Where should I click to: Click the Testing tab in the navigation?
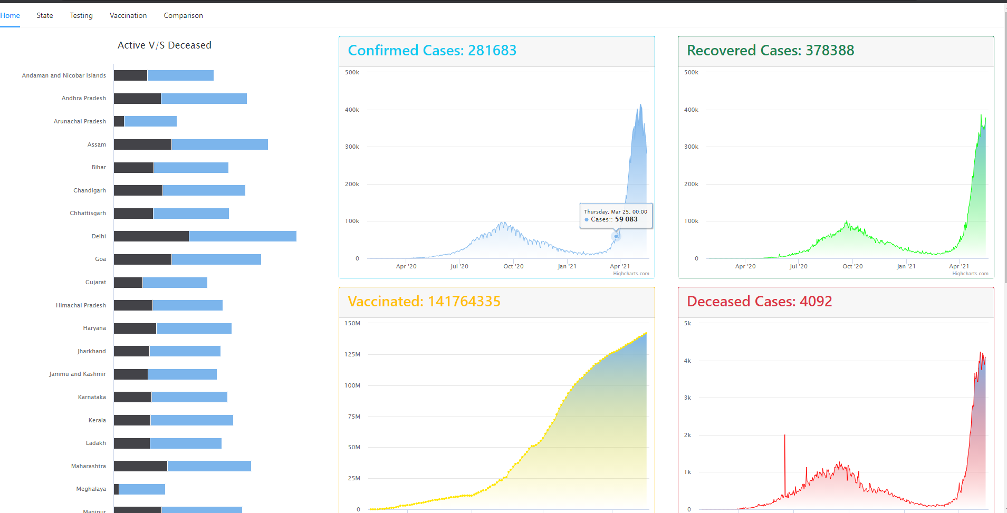[x=81, y=15]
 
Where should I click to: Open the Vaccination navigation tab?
[x=128, y=15]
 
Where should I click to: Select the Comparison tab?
[x=183, y=15]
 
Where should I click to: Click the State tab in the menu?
[x=45, y=15]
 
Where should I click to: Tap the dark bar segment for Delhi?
[x=151, y=236]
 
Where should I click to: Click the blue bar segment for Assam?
[x=219, y=144]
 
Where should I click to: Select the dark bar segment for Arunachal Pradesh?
[x=119, y=121]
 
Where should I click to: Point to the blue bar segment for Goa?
[x=216, y=259]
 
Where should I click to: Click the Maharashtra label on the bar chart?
[x=89, y=466]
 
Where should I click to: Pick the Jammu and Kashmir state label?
[x=78, y=374]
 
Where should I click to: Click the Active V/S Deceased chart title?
[x=165, y=45]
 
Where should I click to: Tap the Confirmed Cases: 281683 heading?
[x=432, y=51]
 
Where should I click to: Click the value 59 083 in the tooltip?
[x=626, y=219]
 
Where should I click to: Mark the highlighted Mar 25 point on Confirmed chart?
[x=616, y=236]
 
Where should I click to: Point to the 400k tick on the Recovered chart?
[x=691, y=110]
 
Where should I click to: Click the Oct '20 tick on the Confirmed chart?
[x=513, y=266]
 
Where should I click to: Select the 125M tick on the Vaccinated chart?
[x=352, y=354]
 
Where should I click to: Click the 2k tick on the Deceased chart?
[x=687, y=435]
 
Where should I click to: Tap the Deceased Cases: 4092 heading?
[x=759, y=302]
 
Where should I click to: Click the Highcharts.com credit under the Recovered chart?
[x=970, y=274]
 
